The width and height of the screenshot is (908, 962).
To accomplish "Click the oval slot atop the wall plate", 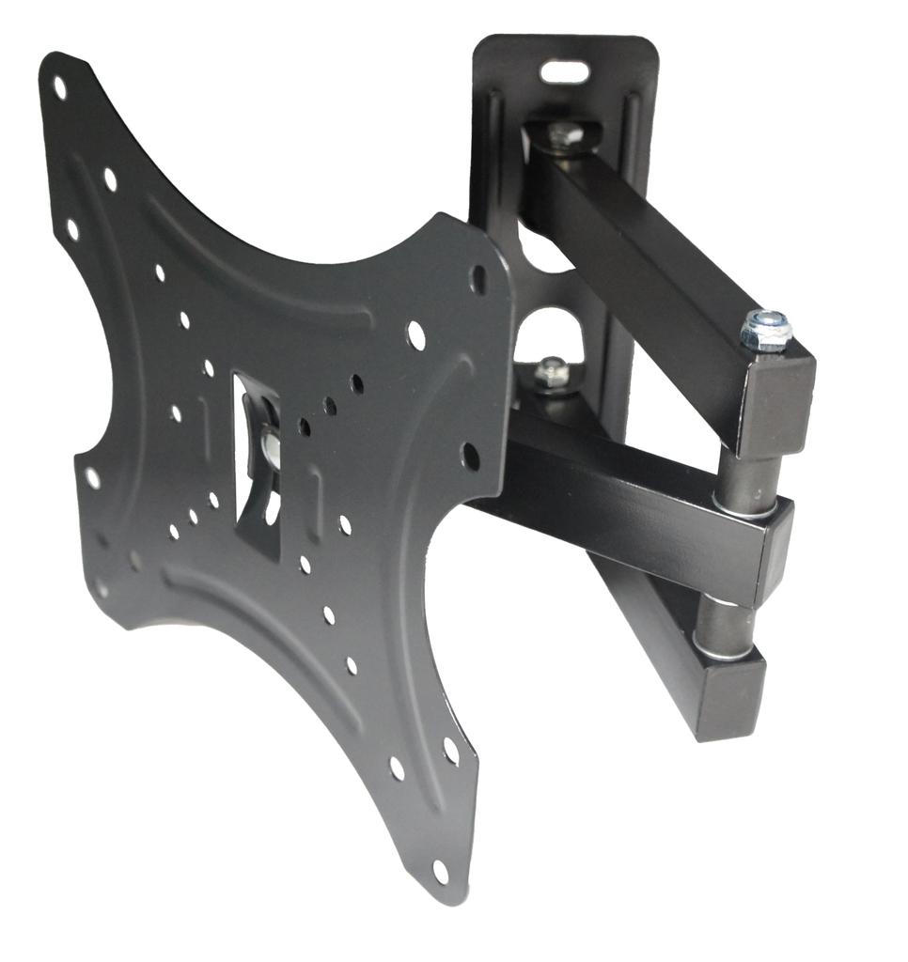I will point(565,72).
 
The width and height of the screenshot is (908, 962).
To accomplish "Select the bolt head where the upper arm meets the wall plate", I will point(564,133).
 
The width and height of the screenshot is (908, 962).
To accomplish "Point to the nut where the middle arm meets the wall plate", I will point(553,372).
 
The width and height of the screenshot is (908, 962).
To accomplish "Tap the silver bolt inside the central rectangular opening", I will point(269,445).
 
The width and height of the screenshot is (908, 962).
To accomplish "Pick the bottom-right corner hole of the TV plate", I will point(440,871).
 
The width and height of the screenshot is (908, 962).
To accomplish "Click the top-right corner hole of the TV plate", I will point(478,278).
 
